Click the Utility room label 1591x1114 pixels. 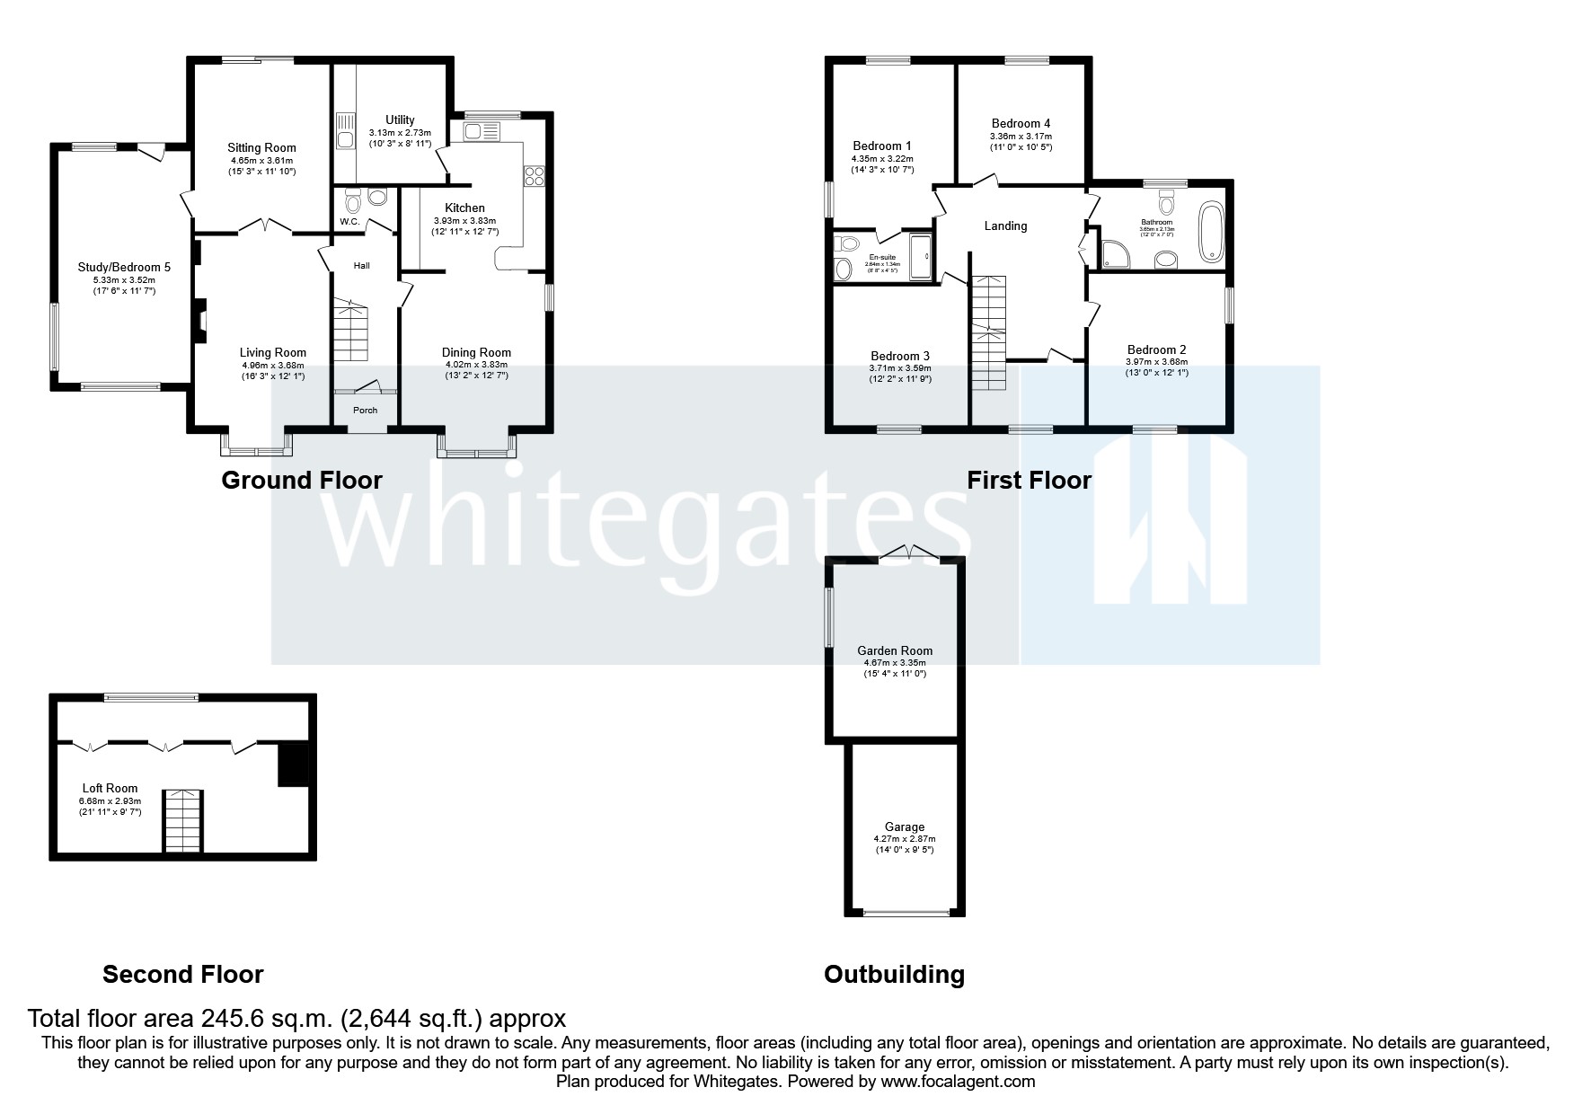pyautogui.click(x=400, y=119)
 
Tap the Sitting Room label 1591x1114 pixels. pyautogui.click(x=261, y=148)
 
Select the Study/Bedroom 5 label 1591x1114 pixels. pyautogui.click(x=124, y=267)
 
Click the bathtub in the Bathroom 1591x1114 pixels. pyautogui.click(x=1211, y=233)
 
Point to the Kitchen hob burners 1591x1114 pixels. pyautogui.click(x=535, y=175)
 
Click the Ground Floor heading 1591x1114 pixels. pyautogui.click(x=302, y=481)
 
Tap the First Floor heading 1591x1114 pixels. pyautogui.click(x=1029, y=481)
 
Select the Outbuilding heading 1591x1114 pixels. pyautogui.click(x=894, y=975)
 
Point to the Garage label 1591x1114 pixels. pyautogui.click(x=904, y=827)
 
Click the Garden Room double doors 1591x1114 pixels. pyautogui.click(x=909, y=553)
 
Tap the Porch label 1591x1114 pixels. pyautogui.click(x=365, y=411)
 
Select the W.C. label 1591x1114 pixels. pyautogui.click(x=349, y=222)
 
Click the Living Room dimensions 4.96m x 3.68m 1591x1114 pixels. pyautogui.click(x=273, y=366)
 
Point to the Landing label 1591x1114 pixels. pyautogui.click(x=1005, y=226)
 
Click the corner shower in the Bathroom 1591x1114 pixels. pyautogui.click(x=1113, y=254)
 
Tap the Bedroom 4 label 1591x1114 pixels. pyautogui.click(x=1021, y=124)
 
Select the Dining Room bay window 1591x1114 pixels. pyautogui.click(x=477, y=446)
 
